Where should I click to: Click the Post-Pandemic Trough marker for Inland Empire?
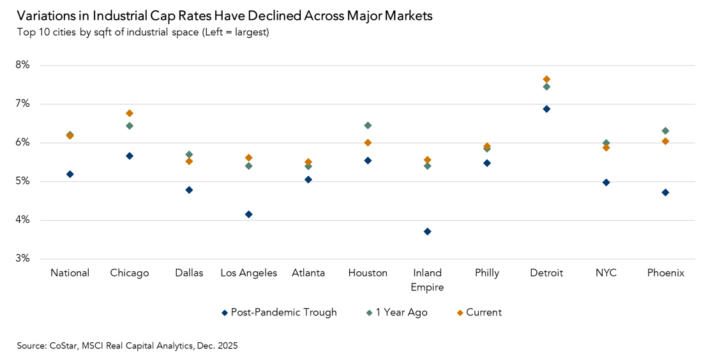pyautogui.click(x=427, y=231)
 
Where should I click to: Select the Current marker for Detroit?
pyautogui.click(x=547, y=79)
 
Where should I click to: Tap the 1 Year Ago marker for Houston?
pyautogui.click(x=368, y=125)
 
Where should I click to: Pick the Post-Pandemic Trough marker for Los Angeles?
pyautogui.click(x=248, y=214)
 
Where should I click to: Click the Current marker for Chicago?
pyautogui.click(x=130, y=113)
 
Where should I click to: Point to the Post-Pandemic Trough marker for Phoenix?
pyautogui.click(x=665, y=192)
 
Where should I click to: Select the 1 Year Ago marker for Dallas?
pyautogui.click(x=189, y=154)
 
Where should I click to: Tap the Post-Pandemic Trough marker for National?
pyautogui.click(x=70, y=174)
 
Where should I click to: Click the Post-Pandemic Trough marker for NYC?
pyautogui.click(x=606, y=182)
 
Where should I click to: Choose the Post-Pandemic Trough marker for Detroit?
pyautogui.click(x=547, y=109)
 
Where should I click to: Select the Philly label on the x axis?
pyautogui.click(x=487, y=273)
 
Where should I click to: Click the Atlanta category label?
pyautogui.click(x=308, y=273)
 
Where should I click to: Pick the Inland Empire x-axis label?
pyautogui.click(x=427, y=280)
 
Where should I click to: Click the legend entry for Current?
pyautogui.click(x=483, y=313)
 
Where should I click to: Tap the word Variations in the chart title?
pyautogui.click(x=44, y=16)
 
